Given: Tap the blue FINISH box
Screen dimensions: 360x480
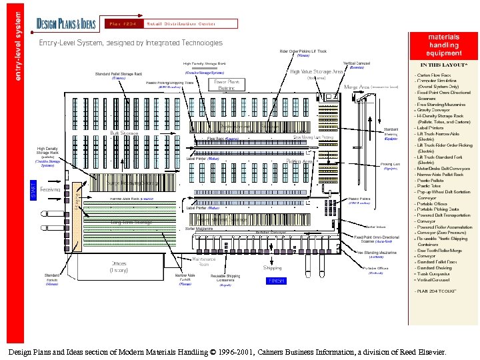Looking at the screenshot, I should [276, 281].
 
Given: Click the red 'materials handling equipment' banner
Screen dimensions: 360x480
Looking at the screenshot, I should [444, 45].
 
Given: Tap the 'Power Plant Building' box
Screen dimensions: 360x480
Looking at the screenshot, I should [227, 85].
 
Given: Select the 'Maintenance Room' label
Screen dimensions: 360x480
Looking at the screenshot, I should [204, 261].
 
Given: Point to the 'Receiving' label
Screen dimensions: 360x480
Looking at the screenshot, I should [51, 190].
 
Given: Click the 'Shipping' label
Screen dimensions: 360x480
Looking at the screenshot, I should [273, 267].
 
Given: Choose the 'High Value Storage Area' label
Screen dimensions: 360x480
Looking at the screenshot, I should [317, 71].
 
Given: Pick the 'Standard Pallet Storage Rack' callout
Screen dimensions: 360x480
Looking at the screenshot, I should [118, 74].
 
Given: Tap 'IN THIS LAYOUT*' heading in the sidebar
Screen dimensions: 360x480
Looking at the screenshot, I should [443, 65].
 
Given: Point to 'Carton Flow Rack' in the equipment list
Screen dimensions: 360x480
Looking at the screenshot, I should [435, 76].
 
